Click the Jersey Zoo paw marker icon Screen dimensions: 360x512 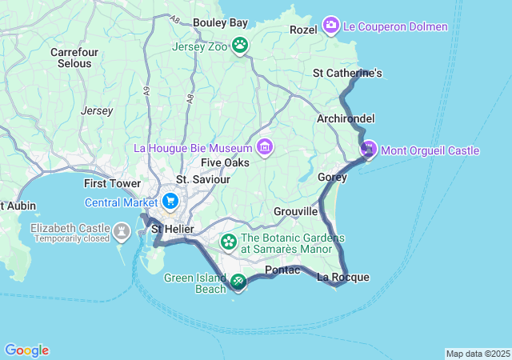[240, 45]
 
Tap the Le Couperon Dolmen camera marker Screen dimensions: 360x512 [332, 27]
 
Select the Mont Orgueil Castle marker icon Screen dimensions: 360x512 [369, 149]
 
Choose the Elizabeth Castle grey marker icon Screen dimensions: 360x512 [122, 231]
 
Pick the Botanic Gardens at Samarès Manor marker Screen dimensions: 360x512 [229, 241]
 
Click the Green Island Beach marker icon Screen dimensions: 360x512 [238, 282]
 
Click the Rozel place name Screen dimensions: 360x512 [303, 30]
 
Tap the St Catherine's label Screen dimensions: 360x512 [347, 74]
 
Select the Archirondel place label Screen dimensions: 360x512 [346, 118]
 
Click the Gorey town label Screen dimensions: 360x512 [332, 177]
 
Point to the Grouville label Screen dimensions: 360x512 [296, 212]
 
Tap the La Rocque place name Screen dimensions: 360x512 [343, 278]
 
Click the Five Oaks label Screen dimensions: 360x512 [225, 162]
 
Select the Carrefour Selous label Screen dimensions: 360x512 [74, 58]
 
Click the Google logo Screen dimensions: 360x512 [26, 350]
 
